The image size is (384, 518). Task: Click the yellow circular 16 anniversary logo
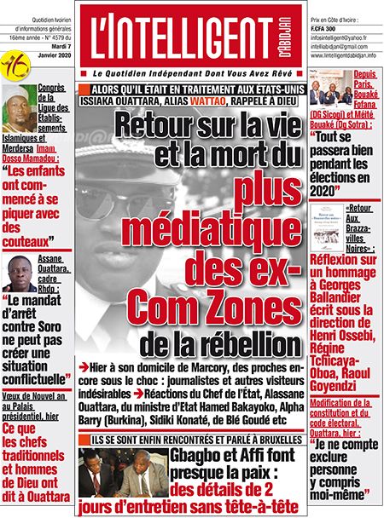click(13, 63)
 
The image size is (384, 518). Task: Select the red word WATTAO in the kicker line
click(215, 102)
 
